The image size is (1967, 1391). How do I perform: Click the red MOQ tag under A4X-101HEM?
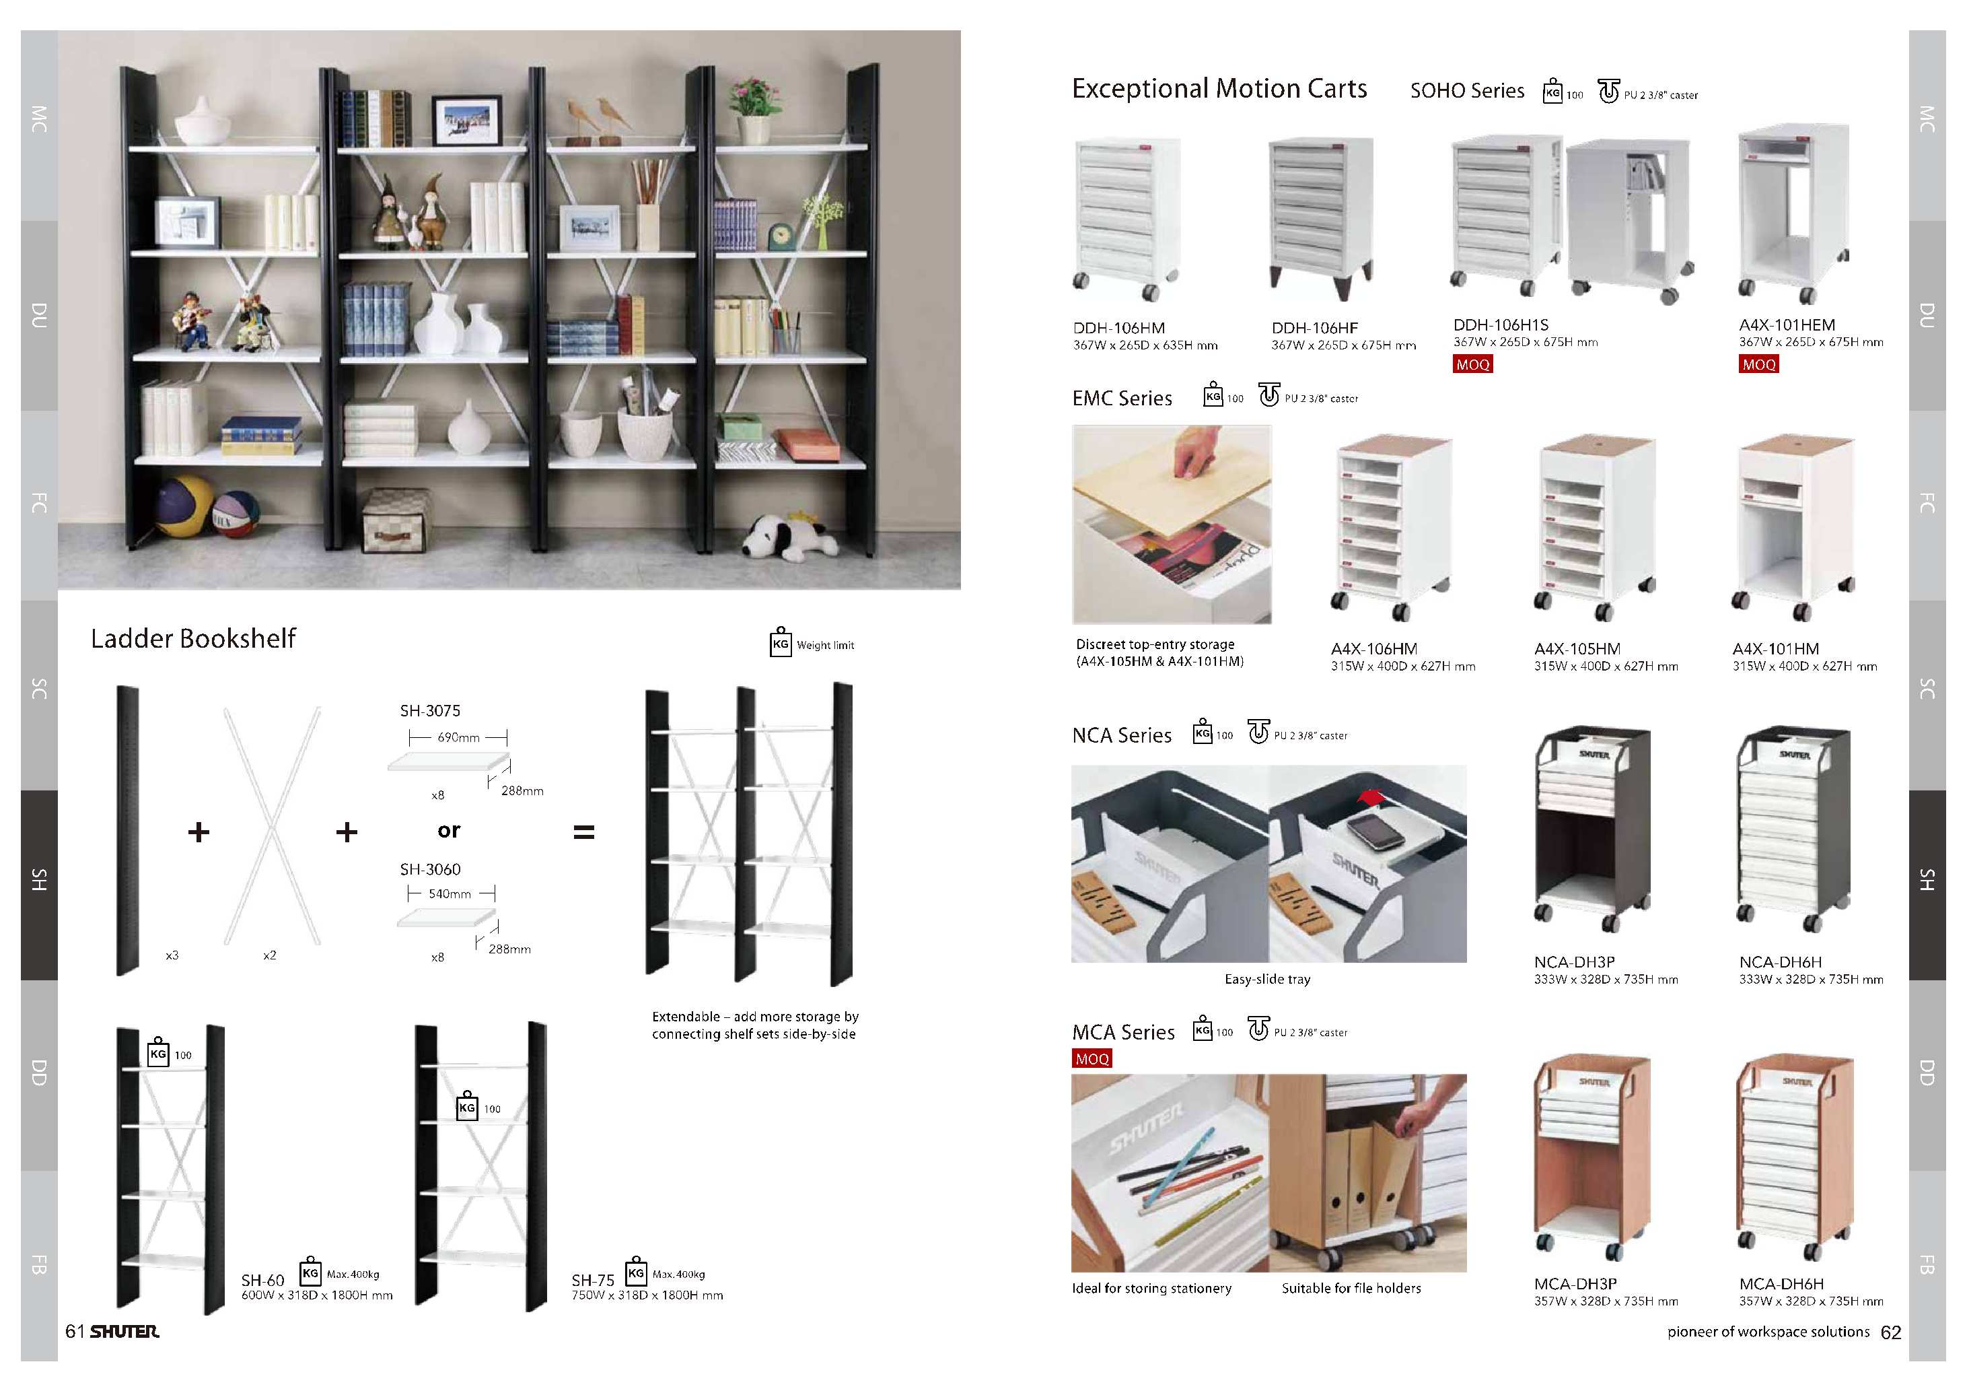[x=1759, y=364]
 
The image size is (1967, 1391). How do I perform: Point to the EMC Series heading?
[x=1122, y=399]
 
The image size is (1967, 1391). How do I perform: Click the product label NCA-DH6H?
[x=1780, y=963]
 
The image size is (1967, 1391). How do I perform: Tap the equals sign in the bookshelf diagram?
[x=583, y=832]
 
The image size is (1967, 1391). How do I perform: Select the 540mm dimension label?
[x=450, y=894]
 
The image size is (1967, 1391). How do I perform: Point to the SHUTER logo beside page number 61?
[x=125, y=1331]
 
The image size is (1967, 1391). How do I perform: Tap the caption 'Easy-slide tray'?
[x=1267, y=979]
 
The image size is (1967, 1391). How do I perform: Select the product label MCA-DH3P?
[x=1575, y=1284]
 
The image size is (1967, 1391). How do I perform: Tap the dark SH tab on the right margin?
[x=1927, y=885]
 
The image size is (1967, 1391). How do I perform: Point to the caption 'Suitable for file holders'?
[x=1351, y=1288]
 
